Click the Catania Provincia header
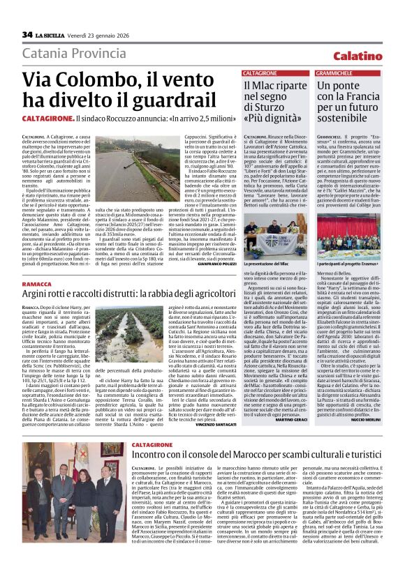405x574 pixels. pyautogui.click(x=75, y=54)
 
